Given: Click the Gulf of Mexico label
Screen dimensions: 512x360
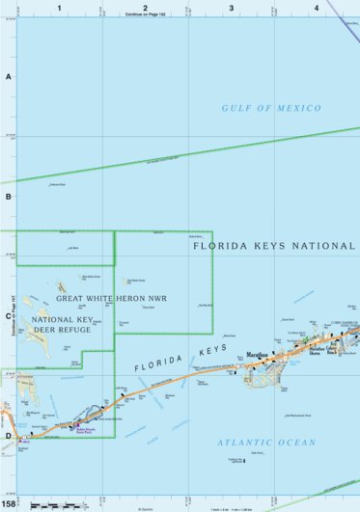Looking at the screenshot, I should point(270,108).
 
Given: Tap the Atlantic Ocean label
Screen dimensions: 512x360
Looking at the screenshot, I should point(265,443).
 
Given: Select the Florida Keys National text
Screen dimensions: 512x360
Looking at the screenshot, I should point(274,246).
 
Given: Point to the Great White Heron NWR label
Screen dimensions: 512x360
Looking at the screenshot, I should point(111,298).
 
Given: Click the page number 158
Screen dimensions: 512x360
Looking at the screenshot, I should point(9,503).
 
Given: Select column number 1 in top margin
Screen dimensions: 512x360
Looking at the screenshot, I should point(59,7).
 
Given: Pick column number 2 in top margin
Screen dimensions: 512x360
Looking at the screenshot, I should point(145,7).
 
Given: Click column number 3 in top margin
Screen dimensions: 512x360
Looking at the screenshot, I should point(231,7).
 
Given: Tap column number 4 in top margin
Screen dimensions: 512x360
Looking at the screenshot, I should point(316,7).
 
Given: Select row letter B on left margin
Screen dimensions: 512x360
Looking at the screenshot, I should point(9,196).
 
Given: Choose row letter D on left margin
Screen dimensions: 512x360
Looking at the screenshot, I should point(9,436).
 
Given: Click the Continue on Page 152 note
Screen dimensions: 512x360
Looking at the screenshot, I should point(145,15).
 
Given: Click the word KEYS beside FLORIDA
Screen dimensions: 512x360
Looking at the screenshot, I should point(210,349).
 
